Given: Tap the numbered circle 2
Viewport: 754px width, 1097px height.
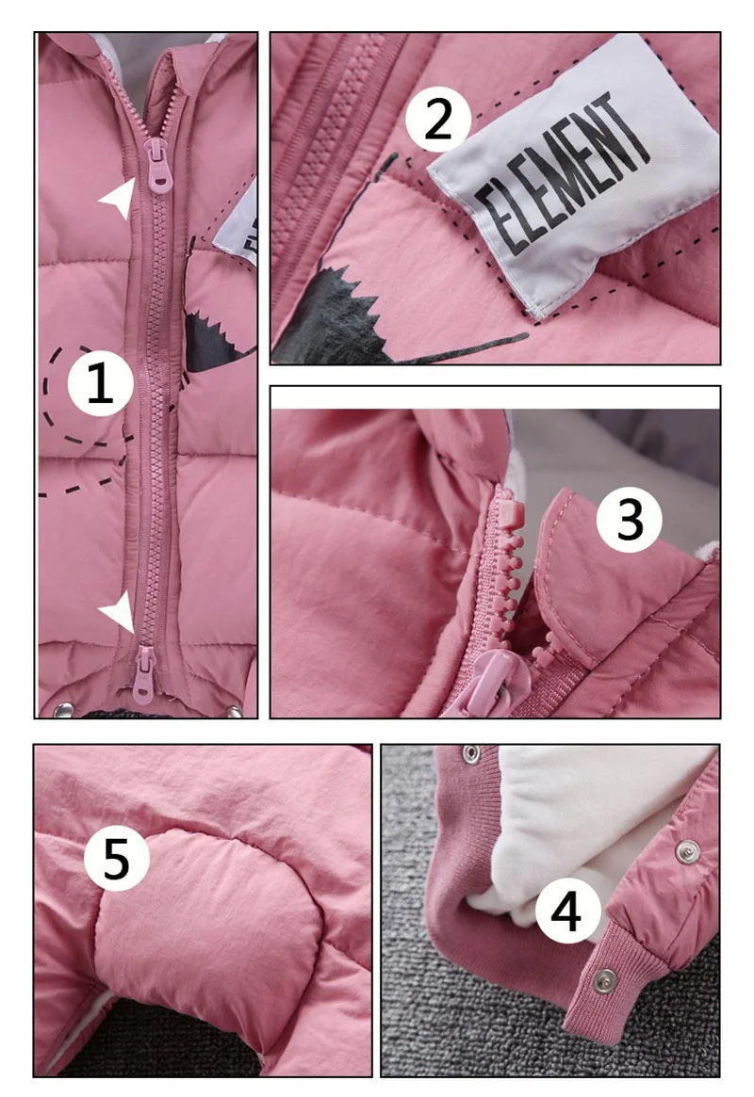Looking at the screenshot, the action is pyautogui.click(x=438, y=120).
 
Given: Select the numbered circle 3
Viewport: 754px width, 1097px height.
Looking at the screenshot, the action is pyautogui.click(x=630, y=520).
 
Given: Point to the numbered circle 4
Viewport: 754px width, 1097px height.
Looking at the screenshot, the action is pyautogui.click(x=567, y=911).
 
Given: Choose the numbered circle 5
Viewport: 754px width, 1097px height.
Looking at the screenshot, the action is pyautogui.click(x=116, y=858).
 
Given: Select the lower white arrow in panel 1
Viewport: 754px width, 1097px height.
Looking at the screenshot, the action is pyautogui.click(x=119, y=613).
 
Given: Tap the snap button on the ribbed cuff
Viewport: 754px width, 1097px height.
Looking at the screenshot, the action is pyautogui.click(x=603, y=981).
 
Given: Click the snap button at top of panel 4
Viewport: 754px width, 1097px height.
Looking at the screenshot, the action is pyautogui.click(x=469, y=753).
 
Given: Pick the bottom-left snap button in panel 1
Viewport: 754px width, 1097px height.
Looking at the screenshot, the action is pyautogui.click(x=64, y=709).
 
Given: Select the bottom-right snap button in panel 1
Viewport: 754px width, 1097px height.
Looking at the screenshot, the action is pyautogui.click(x=233, y=711).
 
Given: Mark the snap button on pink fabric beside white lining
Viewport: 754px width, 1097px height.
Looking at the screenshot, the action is pyautogui.click(x=687, y=850).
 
